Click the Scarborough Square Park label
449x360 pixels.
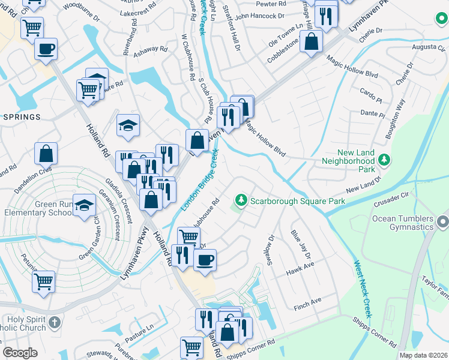[x=298, y=201]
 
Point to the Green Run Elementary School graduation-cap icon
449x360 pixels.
[x=85, y=205]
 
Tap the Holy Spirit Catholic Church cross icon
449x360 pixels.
[x=54, y=323]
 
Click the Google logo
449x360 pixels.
[x=20, y=353]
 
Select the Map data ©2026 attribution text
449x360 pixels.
[x=423, y=355]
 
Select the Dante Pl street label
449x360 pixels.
[x=372, y=112]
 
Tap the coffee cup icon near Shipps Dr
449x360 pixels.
[x=205, y=260]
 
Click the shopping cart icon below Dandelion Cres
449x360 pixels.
[x=43, y=281]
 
